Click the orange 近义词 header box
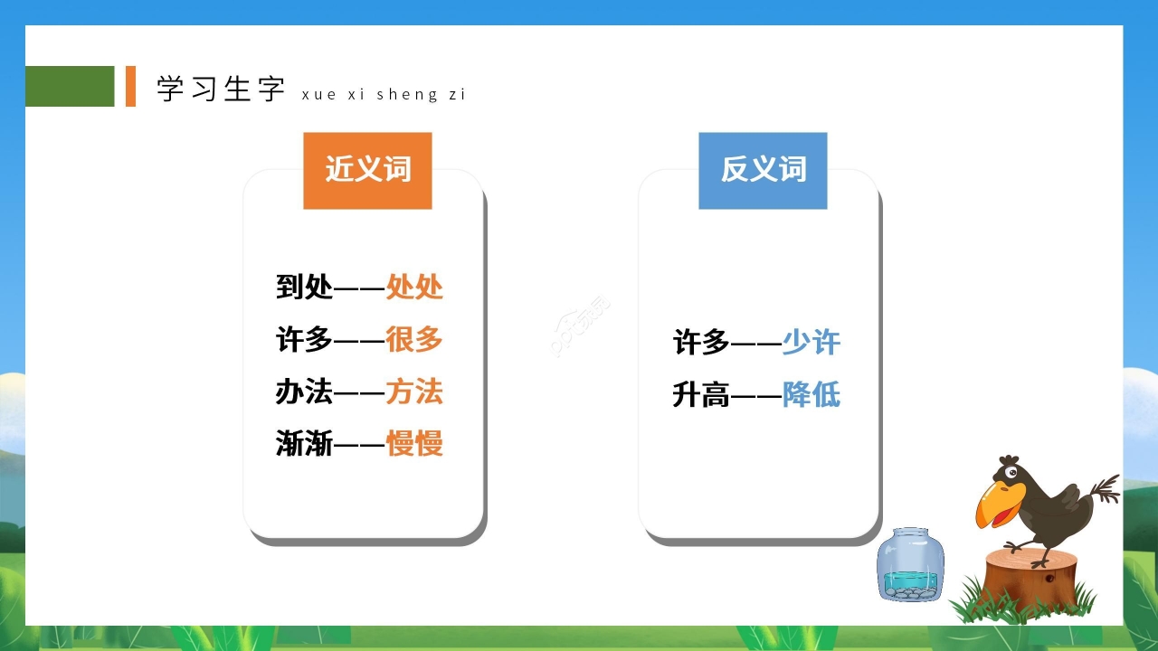367,170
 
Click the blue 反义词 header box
763,170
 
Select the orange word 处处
414,288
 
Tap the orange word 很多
414,340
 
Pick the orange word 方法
414,392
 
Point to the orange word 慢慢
414,444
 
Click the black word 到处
304,288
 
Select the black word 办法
304,392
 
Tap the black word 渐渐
304,444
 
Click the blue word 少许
812,343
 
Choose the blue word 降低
812,395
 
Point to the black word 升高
701,395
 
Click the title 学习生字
221,89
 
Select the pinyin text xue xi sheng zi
384,94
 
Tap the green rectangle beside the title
70,86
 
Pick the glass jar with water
909,565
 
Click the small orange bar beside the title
130,86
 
